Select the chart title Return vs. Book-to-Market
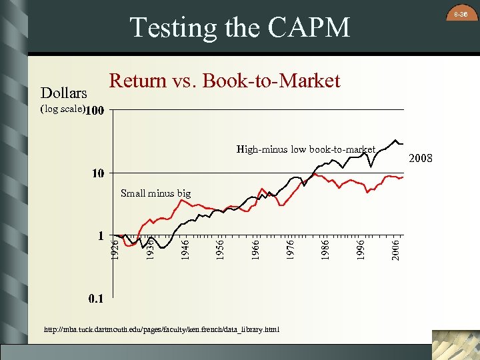coord(225,81)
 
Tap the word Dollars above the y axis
coord(64,93)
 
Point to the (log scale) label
coord(63,109)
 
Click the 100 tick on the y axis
coord(95,110)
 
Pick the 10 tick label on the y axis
coord(98,173)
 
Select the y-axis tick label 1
coord(101,235)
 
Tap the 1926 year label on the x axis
coord(115,249)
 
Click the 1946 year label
coord(186,249)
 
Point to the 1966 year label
coord(256,249)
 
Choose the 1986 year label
coord(326,249)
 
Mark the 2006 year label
coord(396,249)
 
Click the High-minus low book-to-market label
coord(306,149)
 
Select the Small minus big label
coord(155,193)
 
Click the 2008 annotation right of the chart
coord(421,159)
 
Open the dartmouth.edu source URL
coord(162,329)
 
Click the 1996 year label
coord(361,249)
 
